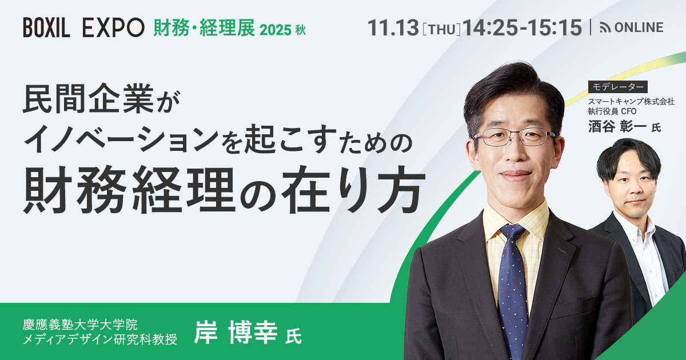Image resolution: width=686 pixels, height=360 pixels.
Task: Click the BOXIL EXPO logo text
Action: click(x=83, y=27)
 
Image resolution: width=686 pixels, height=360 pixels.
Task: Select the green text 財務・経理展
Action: click(x=204, y=27)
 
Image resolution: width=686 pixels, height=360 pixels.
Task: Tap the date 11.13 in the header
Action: click(x=393, y=27)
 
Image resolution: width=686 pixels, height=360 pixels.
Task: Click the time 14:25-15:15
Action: click(x=523, y=27)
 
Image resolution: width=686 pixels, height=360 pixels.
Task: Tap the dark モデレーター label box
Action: click(x=617, y=87)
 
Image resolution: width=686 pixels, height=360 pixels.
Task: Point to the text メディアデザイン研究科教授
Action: click(x=100, y=341)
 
